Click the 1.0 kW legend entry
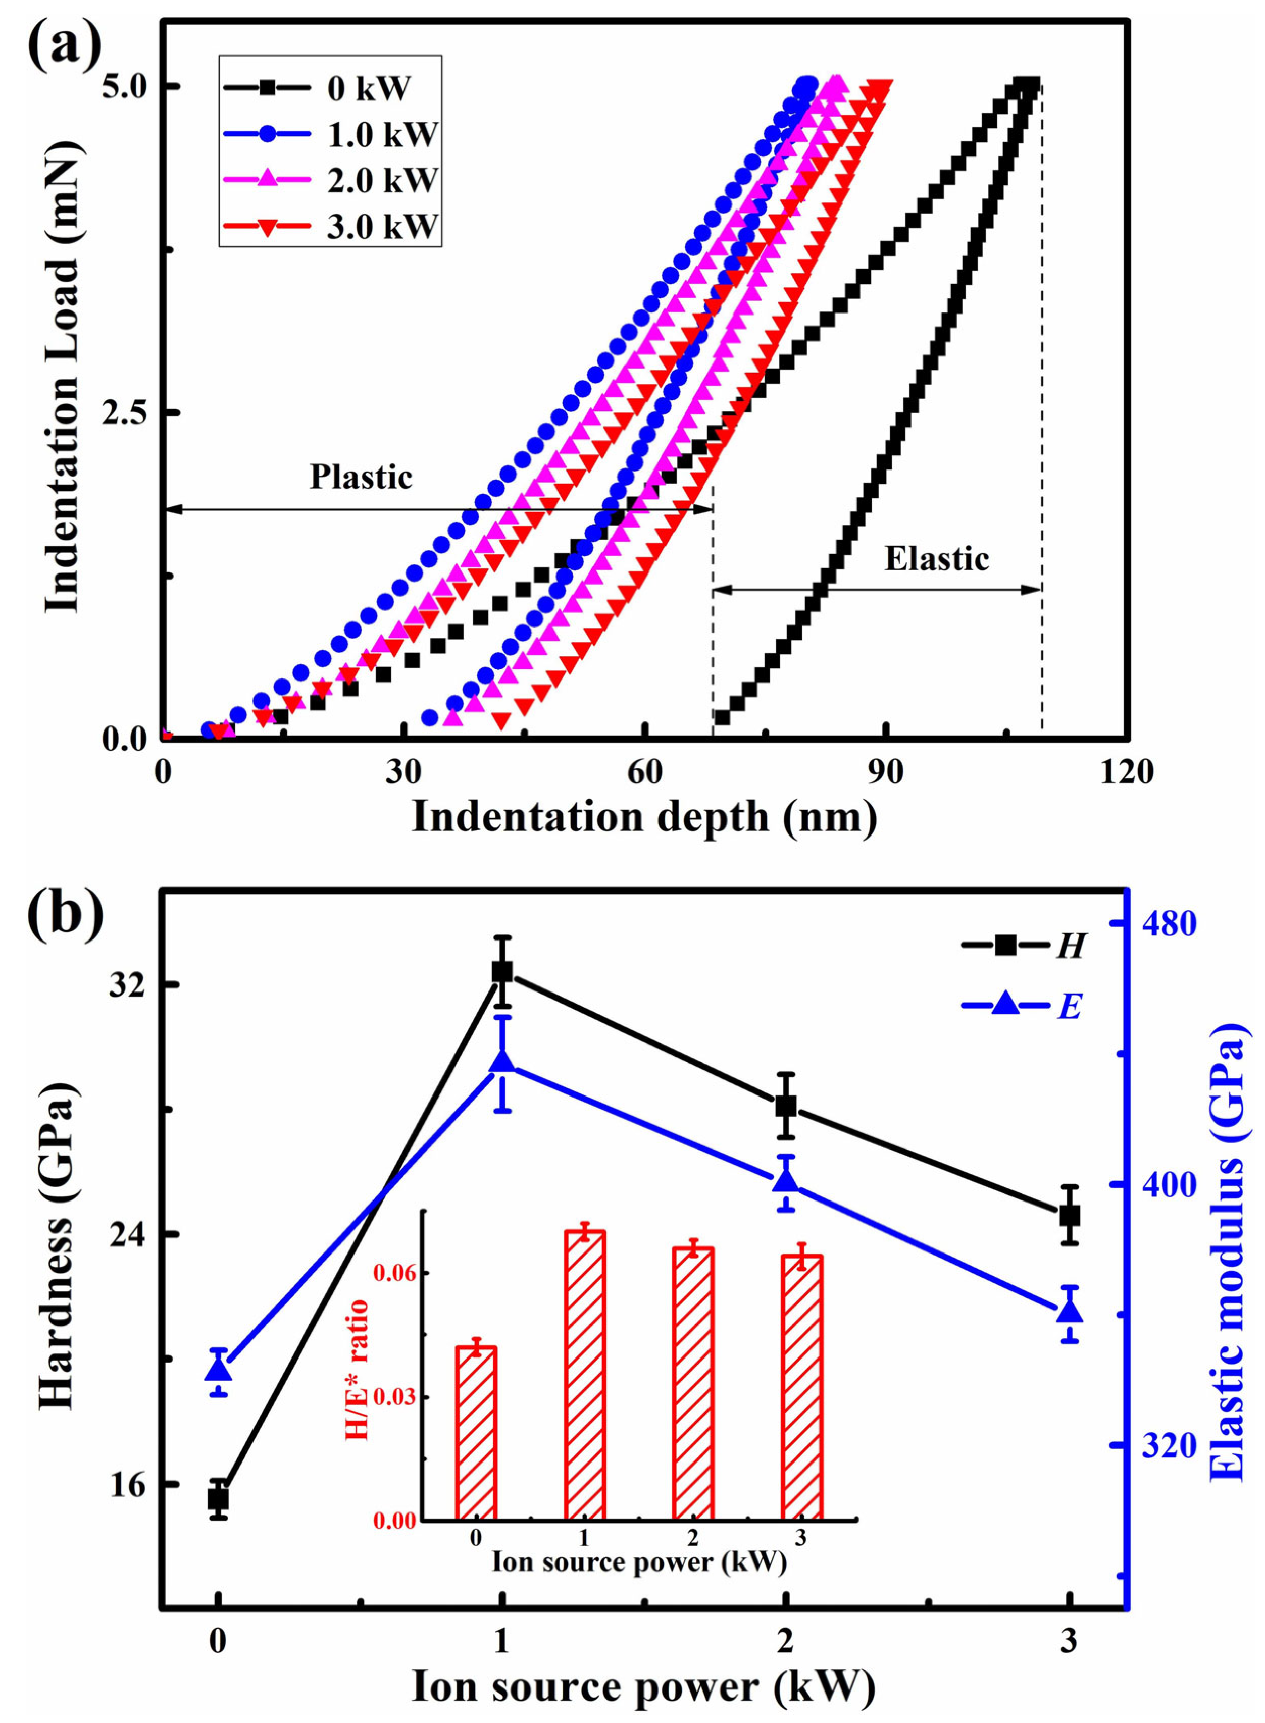coord(329,135)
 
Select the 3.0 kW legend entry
coord(329,227)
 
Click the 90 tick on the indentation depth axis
coord(887,772)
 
